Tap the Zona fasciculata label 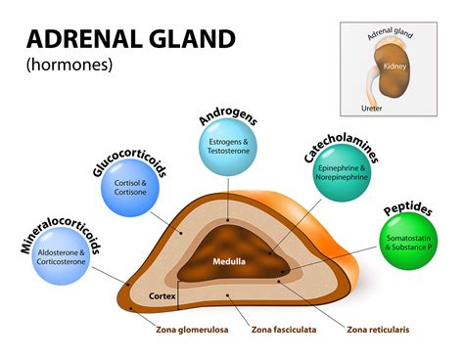[x=288, y=330]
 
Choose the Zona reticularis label [x=377, y=330]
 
